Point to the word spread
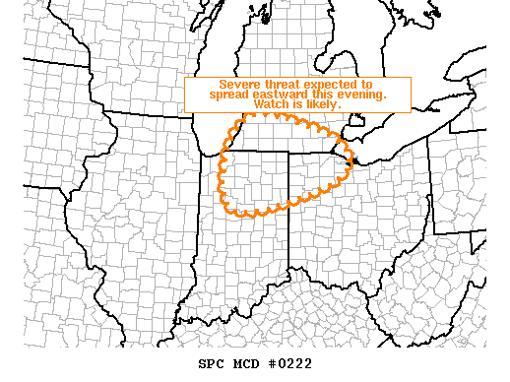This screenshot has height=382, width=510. pyautogui.click(x=229, y=95)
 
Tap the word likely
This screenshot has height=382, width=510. pyautogui.click(x=323, y=104)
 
